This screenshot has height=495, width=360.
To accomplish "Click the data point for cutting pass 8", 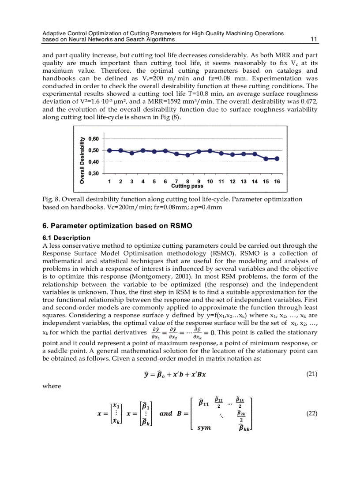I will coord(187,155).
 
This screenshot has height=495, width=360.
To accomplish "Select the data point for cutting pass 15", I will coord(266,159).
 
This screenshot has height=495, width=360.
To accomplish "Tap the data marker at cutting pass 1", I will coord(109,150).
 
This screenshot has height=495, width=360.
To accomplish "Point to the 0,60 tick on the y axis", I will coord(94,138).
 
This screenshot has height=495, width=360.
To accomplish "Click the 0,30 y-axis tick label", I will coord(94,173).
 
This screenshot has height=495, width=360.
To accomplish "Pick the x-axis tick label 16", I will coord(277,182).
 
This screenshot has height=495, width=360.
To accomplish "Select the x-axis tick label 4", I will coord(143,182).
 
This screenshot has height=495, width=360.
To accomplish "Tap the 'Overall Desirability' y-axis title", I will coord(82,160).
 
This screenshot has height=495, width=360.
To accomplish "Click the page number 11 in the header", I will coord(314,39).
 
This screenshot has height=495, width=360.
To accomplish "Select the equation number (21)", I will coord(311,375).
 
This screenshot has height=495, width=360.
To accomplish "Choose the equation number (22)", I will coord(311,413).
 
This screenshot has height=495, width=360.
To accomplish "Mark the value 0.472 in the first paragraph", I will coord(309,101).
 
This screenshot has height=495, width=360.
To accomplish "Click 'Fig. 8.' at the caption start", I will coord(50,199).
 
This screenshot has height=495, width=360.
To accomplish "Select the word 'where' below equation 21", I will coord(52,386).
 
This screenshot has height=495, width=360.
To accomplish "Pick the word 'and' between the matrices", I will coord(166,413).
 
